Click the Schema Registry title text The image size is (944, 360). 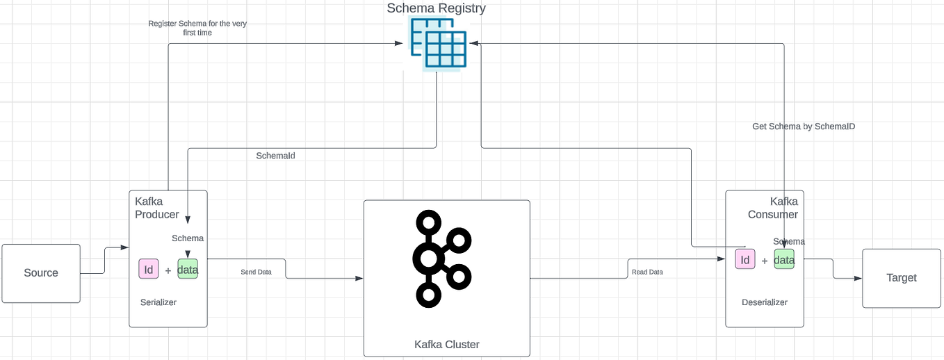[x=436, y=8]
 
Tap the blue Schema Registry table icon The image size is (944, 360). [x=438, y=43]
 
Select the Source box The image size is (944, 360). [x=41, y=273]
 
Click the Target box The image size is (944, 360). [x=901, y=278]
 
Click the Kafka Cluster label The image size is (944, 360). [x=446, y=345]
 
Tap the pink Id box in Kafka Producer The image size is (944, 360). [x=149, y=270]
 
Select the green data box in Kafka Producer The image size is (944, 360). [x=188, y=270]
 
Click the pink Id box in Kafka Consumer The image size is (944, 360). [x=744, y=260]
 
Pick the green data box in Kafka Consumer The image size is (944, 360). [x=784, y=260]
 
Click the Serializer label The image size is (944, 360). [x=158, y=302]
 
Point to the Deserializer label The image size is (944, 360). [x=764, y=302]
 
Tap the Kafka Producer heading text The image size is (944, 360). [x=156, y=208]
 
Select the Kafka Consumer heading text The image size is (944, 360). [x=773, y=208]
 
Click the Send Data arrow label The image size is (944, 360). [x=256, y=272]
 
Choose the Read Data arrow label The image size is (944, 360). [x=646, y=272]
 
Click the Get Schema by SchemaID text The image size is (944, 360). [x=803, y=126]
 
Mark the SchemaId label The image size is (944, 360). [x=275, y=156]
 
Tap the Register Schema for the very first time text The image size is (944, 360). [x=197, y=28]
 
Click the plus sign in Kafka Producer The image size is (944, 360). [x=168, y=271]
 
